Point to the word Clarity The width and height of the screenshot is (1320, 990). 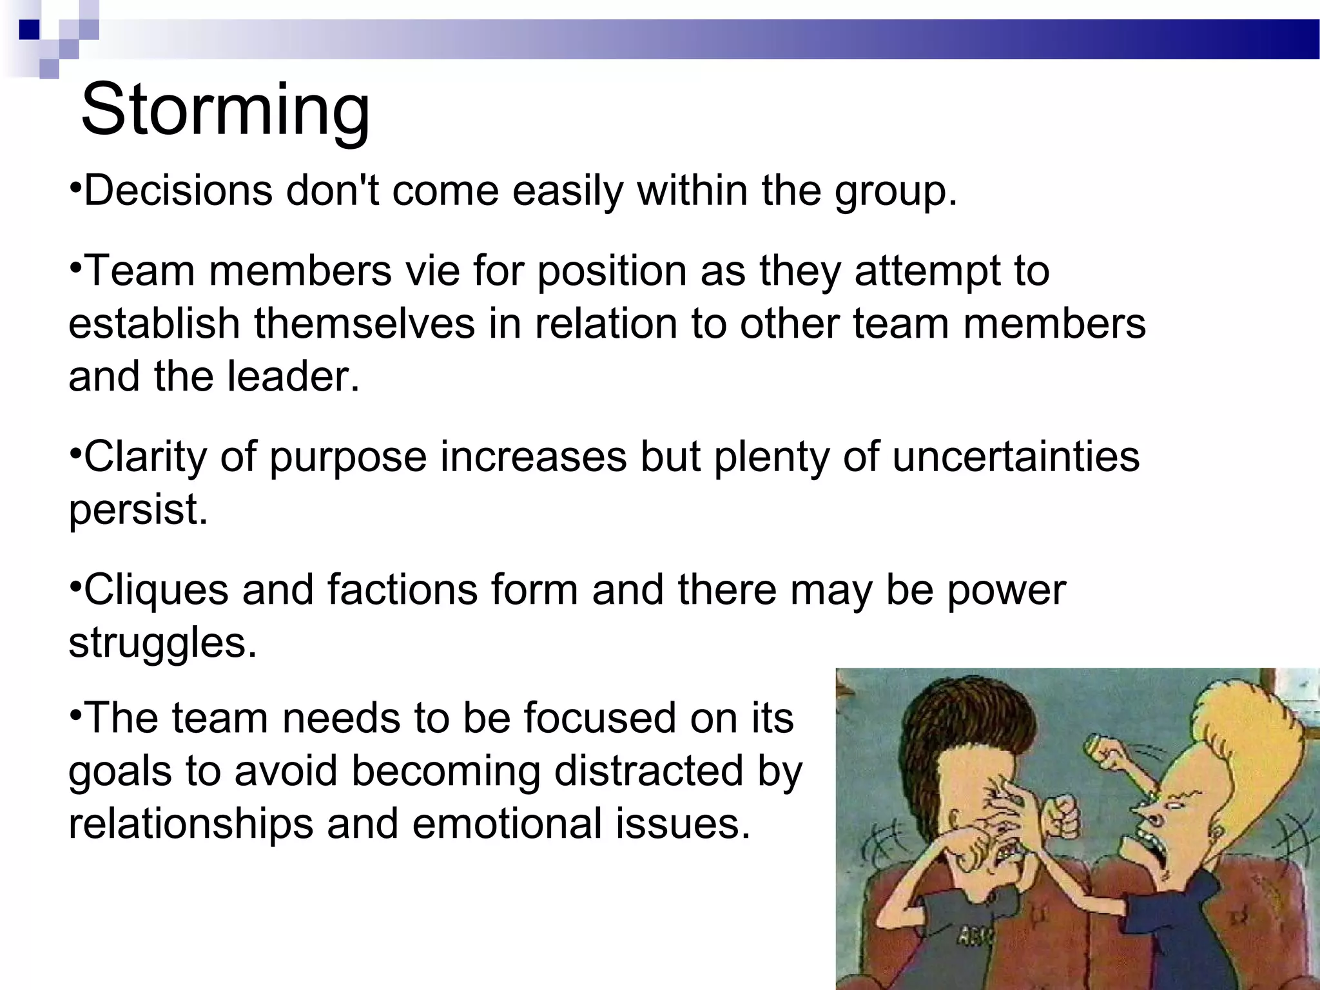coord(145,458)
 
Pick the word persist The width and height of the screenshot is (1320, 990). coord(138,510)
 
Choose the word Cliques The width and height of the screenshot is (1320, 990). coord(156,590)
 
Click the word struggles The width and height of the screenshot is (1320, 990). coord(162,643)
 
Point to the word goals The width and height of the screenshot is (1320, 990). coord(120,772)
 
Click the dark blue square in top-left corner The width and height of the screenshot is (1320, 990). coord(30,30)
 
